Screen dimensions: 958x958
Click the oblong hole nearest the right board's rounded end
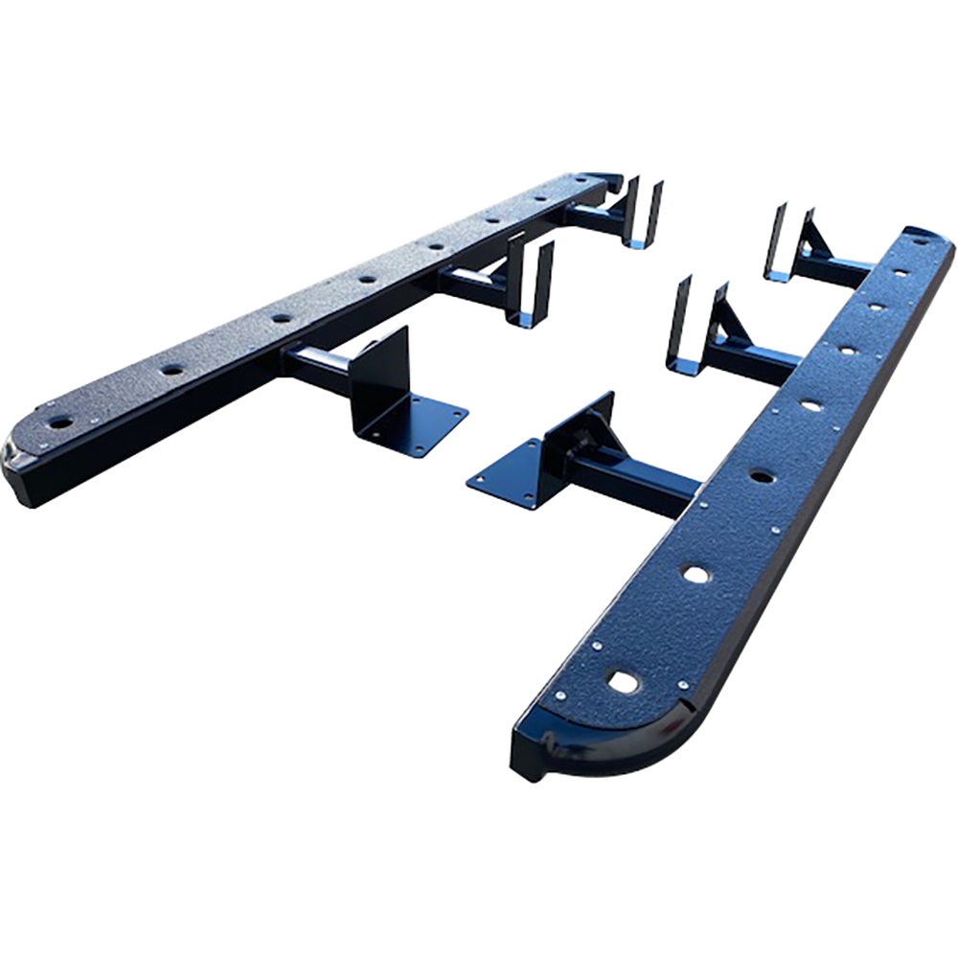pos(624,682)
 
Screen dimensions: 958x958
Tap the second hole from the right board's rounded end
pos(696,574)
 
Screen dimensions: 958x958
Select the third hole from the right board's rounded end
pos(762,476)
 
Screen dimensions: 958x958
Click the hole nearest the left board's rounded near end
pos(59,422)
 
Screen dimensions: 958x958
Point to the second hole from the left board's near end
pos(171,369)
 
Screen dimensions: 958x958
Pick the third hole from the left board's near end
pos(281,318)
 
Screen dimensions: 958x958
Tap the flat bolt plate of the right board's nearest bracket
pos(506,474)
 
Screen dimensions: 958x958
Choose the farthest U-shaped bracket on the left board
pos(640,213)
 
